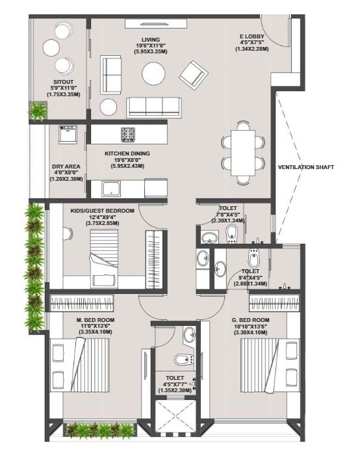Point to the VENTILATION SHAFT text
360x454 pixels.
click(306, 167)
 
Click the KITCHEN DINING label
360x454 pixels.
click(127, 154)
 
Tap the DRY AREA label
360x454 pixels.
click(66, 167)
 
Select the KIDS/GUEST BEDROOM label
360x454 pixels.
click(102, 211)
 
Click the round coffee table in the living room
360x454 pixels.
click(157, 73)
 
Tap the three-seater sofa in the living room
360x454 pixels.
click(154, 106)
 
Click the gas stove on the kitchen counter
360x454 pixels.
click(127, 135)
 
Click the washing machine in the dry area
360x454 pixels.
click(68, 135)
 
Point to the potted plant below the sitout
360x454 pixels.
click(38, 111)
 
